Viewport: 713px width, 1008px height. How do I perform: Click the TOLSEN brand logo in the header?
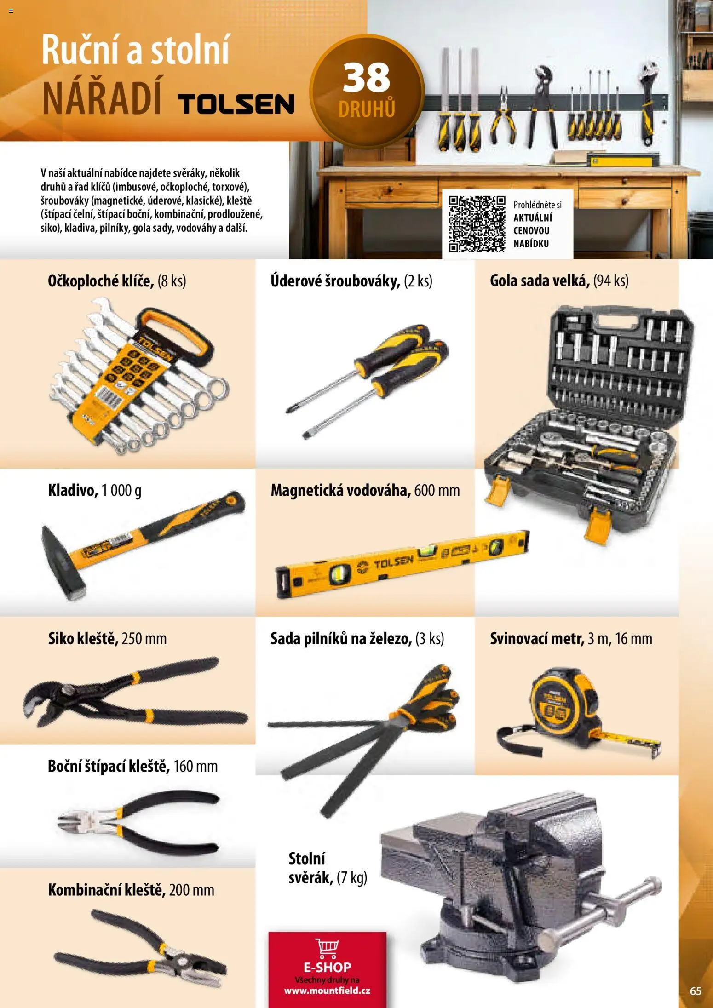236,104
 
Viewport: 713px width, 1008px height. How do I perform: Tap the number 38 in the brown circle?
367,78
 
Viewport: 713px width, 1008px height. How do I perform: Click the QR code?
477,224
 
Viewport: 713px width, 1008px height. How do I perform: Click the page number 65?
696,991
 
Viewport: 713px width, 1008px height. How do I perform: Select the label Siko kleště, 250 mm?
107,639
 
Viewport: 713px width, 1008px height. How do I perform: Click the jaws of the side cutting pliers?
74,820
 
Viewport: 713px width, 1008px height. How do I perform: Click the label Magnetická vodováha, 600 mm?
365,490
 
